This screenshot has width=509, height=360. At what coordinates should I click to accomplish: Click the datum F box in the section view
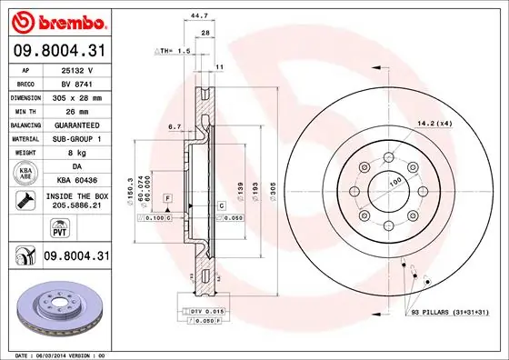[167, 197]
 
